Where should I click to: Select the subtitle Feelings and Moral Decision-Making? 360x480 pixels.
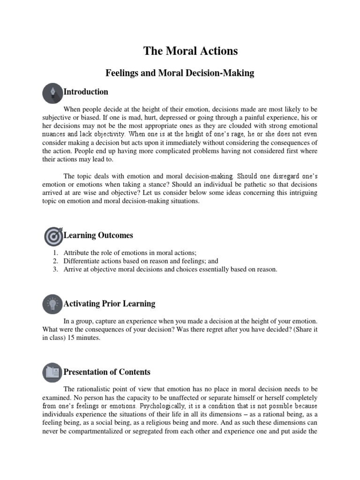[x=180, y=73]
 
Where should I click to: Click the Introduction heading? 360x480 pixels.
[x=86, y=92]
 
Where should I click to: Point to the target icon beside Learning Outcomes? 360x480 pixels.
[x=52, y=236]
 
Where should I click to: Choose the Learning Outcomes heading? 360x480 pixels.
[x=98, y=235]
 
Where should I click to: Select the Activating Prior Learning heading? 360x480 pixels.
[x=109, y=304]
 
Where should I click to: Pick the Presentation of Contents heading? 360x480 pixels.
[x=107, y=372]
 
